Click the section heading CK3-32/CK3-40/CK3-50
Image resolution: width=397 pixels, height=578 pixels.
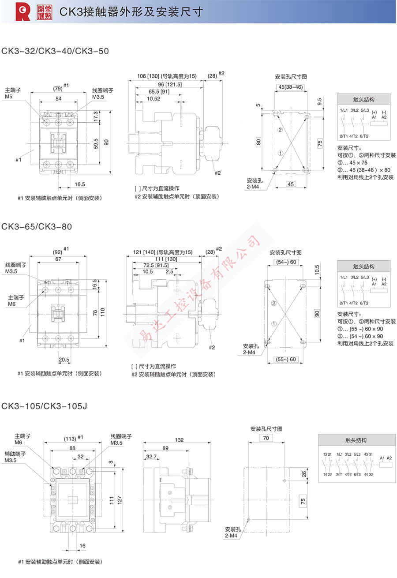point(55,51)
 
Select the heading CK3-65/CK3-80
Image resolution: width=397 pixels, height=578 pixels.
point(37,226)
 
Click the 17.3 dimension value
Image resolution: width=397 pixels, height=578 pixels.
point(96,116)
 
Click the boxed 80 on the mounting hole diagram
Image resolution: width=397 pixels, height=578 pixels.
point(258,142)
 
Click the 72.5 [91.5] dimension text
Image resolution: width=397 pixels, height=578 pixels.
point(156,266)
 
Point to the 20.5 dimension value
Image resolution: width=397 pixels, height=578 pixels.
point(64,360)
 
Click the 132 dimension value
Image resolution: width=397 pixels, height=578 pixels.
point(179,440)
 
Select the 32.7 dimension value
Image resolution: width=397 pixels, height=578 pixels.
point(151,457)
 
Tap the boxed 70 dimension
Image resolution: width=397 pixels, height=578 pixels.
point(266,438)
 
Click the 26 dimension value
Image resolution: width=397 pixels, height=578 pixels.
point(303,474)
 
